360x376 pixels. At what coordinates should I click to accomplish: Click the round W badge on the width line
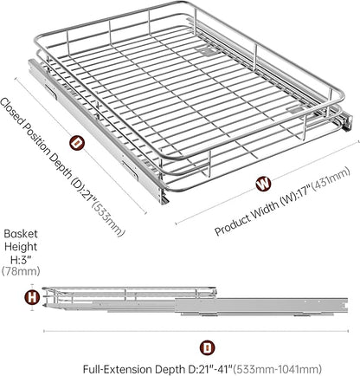click(263, 184)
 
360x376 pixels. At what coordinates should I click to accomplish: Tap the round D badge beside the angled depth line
click(77, 143)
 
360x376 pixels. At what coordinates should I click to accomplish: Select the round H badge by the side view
click(32, 297)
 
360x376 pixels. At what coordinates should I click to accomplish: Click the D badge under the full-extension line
click(207, 348)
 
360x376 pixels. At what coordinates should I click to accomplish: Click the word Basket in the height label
click(21, 234)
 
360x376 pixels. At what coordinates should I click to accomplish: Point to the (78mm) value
click(21, 271)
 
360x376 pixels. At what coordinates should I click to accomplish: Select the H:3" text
click(21, 259)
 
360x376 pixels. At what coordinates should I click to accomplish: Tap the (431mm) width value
click(331, 180)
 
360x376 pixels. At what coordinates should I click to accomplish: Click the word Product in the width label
click(232, 223)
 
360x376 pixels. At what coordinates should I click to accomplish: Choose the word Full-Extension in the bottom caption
click(118, 369)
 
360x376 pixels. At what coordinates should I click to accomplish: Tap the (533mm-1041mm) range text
click(278, 369)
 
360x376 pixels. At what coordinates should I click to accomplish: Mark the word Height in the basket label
click(21, 247)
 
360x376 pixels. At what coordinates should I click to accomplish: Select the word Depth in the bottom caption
click(169, 370)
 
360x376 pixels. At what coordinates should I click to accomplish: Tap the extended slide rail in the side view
click(261, 307)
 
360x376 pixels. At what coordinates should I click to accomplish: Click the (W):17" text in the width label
click(295, 194)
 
